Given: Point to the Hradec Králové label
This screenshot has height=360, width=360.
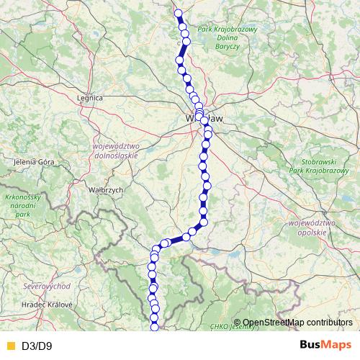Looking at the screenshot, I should point(48,305).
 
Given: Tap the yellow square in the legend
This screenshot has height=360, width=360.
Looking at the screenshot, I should point(9,346).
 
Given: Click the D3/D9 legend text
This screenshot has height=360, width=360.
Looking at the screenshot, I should point(37,346).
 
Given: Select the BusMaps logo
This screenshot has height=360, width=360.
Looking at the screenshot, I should point(325,345).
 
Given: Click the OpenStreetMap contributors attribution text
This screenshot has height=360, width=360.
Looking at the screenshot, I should point(297,323).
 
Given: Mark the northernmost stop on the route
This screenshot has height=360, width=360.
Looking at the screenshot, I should point(178,12).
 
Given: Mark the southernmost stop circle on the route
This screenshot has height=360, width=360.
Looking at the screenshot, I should point(154,329).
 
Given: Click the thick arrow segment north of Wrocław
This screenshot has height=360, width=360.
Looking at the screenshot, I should point(183,52).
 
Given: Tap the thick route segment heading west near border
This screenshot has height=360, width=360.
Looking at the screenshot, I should point(176,240).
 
